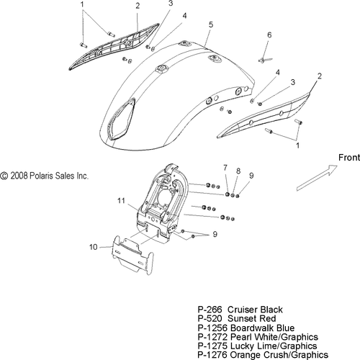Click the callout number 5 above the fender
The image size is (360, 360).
tap(211, 24)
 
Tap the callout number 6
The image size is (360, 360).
tap(269, 35)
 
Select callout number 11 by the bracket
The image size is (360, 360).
tap(121, 200)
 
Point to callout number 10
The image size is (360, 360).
tap(94, 247)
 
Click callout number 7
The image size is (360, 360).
tap(225, 168)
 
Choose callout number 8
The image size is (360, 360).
tap(238, 171)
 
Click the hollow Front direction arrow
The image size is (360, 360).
tap(317, 178)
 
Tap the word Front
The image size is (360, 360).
tap(349, 158)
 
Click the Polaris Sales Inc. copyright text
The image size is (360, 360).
tap(44, 176)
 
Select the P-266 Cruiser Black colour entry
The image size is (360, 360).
tap(240, 310)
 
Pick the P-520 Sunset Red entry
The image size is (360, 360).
tap(237, 319)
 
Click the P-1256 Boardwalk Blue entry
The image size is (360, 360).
tap(246, 328)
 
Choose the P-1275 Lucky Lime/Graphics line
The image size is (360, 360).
tap(257, 346)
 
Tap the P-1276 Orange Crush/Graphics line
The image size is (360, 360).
tap(263, 355)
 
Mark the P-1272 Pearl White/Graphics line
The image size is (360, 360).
tap(258, 337)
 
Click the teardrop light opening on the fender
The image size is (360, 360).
tap(121, 120)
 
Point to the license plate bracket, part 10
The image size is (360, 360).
tap(132, 255)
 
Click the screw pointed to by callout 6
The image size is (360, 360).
tap(264, 60)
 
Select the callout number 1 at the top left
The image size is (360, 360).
tap(82, 4)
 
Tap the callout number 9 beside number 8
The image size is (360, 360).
tap(251, 176)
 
